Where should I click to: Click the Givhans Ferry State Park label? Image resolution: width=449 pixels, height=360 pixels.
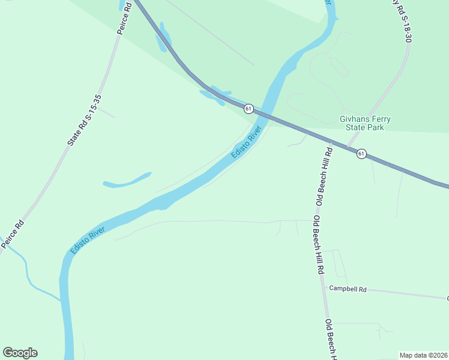[365, 123]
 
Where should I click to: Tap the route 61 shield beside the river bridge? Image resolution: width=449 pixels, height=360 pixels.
[249, 108]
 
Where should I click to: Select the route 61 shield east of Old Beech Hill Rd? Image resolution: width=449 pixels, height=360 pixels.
[361, 154]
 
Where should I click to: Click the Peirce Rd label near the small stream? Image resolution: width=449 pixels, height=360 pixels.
[13, 234]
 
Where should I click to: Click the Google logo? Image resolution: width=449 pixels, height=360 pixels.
[20, 353]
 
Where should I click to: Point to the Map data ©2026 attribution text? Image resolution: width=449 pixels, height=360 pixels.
[423, 355]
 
